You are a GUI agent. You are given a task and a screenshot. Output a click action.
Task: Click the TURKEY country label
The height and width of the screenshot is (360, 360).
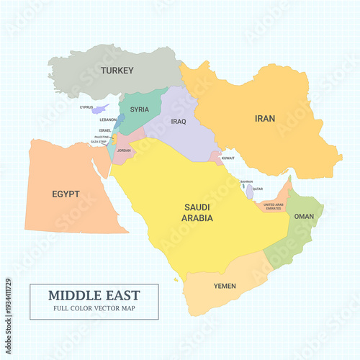coord(117,70)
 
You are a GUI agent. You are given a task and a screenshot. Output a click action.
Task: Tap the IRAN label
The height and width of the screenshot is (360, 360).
coord(264,118)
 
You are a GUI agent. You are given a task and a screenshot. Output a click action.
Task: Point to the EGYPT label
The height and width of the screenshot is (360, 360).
coord(66,194)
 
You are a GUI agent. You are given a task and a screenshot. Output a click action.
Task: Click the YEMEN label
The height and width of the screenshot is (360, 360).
coord(225,286)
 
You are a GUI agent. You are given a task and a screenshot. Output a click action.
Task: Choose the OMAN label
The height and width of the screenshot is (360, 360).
coord(304,216)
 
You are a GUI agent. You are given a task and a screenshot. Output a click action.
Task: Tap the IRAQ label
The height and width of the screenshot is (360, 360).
coord(179,122)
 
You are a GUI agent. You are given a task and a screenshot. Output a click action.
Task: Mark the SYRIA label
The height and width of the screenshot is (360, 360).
coord(140,109)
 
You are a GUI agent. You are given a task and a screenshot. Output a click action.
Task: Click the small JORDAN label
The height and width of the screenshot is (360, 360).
coord(124,150)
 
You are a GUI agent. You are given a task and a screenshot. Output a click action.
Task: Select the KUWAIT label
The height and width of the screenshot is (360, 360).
coord(228,157)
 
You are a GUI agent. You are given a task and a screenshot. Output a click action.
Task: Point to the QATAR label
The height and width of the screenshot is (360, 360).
coord(258,189)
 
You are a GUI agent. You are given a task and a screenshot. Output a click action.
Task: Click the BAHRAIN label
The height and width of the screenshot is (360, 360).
coord(246,181)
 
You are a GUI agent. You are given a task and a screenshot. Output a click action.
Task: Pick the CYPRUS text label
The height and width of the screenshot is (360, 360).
coord(86,107)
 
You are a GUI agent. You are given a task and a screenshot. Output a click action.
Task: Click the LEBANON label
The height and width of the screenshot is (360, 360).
coord(108,120)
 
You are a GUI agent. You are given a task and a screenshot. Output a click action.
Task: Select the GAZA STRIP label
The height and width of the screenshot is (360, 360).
coord(99,142)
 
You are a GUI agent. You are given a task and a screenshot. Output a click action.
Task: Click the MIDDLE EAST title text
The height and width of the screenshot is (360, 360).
coord(94,296)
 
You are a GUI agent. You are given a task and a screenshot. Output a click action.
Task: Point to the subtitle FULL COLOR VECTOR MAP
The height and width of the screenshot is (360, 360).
coord(94,309)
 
